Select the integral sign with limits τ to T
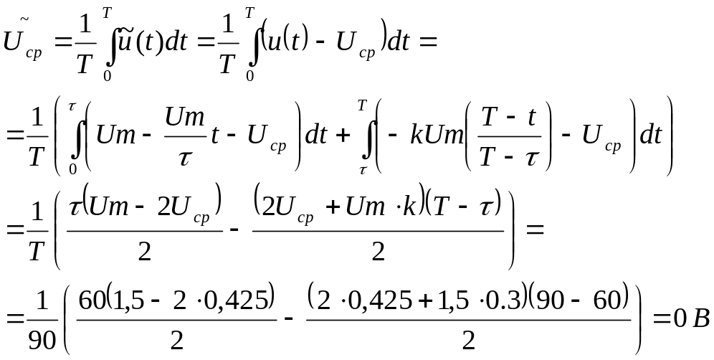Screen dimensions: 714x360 click(x=365, y=136)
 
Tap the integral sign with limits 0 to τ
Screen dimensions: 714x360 click(x=72, y=136)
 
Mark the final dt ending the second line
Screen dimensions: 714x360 click(x=649, y=136)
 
